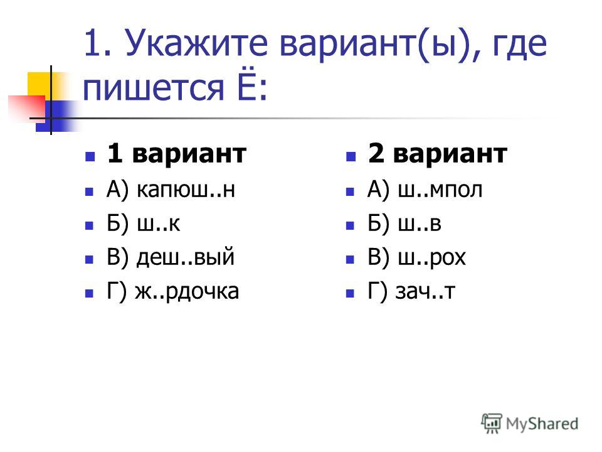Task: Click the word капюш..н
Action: coord(186,190)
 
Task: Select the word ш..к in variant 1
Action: coord(159,223)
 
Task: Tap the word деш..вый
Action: coord(186,257)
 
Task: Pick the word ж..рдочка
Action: coord(187,291)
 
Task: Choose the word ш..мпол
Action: coord(440,190)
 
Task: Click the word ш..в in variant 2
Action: coord(420,223)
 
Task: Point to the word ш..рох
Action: coord(432,258)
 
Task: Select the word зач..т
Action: coord(425,291)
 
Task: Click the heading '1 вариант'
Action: coord(177,153)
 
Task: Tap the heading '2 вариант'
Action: coord(438,153)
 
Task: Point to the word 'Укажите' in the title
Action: coord(196,43)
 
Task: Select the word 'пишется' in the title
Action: coord(153,89)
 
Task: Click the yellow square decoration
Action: coord(40,85)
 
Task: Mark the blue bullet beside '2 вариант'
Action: coord(351,156)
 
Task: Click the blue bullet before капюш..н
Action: coord(90,191)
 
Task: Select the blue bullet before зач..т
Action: coord(350,294)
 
